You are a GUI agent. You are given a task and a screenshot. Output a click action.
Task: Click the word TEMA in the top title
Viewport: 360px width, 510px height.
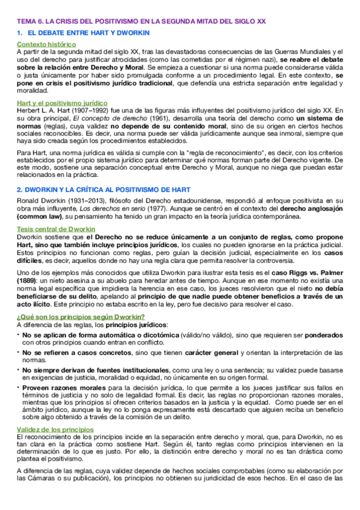pyautogui.click(x=26, y=20)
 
